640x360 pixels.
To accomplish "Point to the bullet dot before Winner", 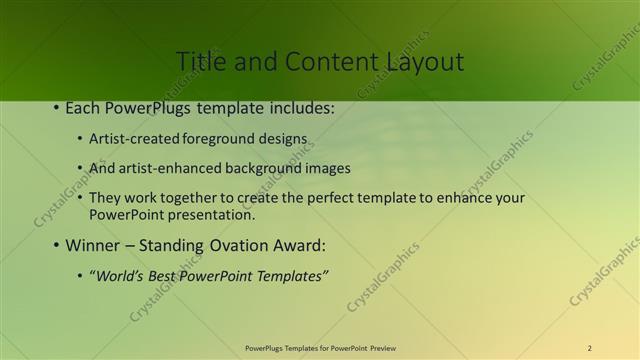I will pyautogui.click(x=57, y=245).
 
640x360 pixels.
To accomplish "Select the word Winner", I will pyautogui.click(x=94, y=245).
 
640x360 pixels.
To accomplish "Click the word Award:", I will pyautogui.click(x=300, y=245).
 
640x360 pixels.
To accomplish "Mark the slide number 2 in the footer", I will pyautogui.click(x=589, y=348).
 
